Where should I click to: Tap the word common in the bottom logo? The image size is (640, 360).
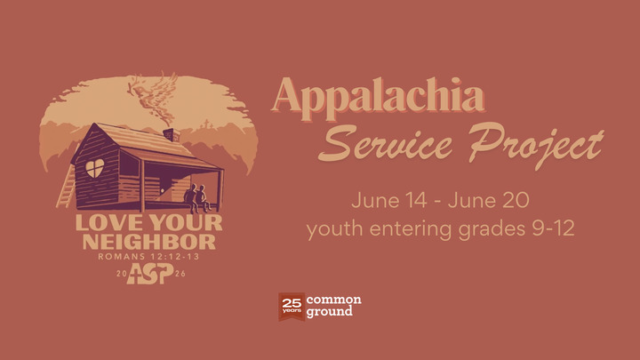(x=333, y=300)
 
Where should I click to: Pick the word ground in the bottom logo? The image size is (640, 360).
(x=330, y=313)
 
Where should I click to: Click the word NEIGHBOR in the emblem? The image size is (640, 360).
(x=149, y=242)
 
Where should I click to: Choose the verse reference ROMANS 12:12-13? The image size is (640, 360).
(x=149, y=258)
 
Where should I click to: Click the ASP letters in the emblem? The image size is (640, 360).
(x=149, y=275)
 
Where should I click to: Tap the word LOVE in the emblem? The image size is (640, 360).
(x=104, y=223)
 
